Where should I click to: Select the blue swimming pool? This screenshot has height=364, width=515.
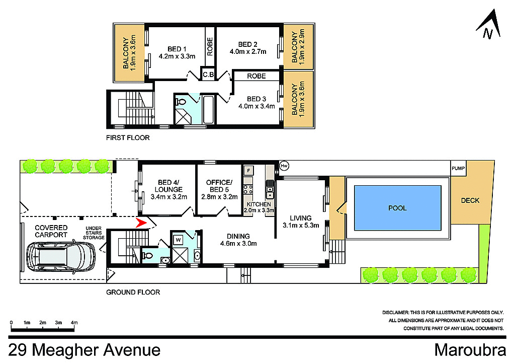(397, 207)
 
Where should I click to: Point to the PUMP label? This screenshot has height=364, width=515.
(458, 168)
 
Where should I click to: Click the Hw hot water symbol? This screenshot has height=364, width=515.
(284, 166)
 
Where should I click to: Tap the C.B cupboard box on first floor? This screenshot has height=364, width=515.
(208, 75)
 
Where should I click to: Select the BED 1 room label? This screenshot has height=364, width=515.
(175, 49)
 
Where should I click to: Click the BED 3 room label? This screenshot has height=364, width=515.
(256, 99)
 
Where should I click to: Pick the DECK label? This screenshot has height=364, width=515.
(470, 200)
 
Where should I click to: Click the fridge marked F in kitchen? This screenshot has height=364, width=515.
(248, 170)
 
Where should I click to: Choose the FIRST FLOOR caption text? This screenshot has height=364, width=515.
(127, 137)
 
